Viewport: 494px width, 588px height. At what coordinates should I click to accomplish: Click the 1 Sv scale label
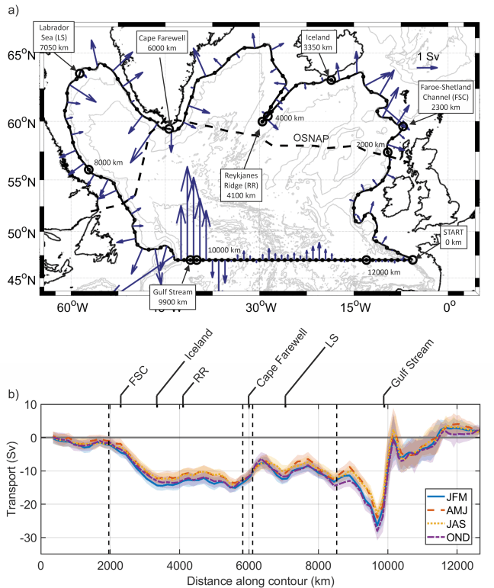click(x=429, y=57)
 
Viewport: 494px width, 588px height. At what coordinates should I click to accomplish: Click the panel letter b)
click(x=12, y=395)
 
